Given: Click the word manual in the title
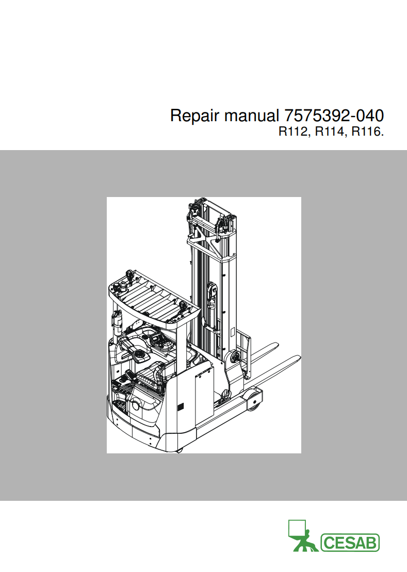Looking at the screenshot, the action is (x=251, y=116).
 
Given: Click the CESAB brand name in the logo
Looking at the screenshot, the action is (x=350, y=543).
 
